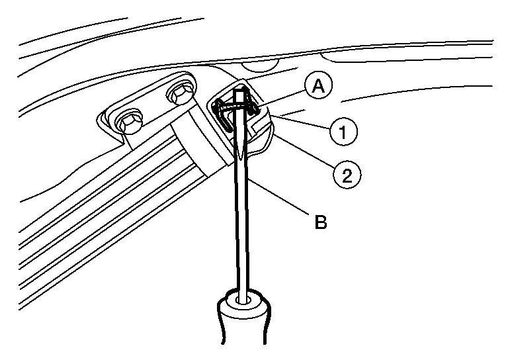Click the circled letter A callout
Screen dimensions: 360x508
319,87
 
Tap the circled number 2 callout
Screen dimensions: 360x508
347,174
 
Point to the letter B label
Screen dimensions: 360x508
319,222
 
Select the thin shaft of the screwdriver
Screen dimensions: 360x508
243,225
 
